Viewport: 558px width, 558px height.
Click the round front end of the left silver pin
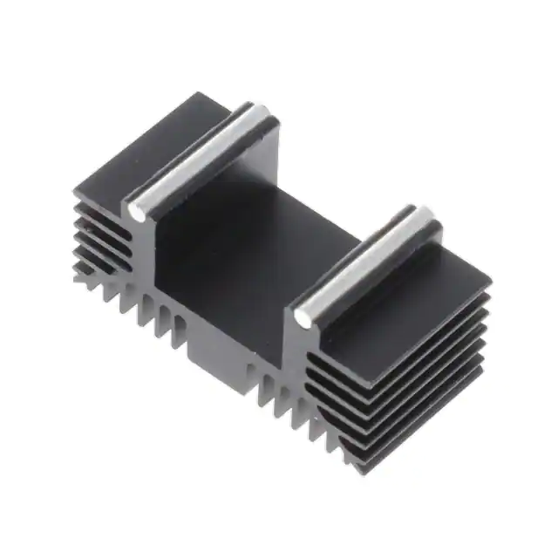(x=137, y=210)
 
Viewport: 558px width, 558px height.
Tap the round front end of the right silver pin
(x=303, y=318)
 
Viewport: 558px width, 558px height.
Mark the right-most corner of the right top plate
(x=490, y=282)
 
